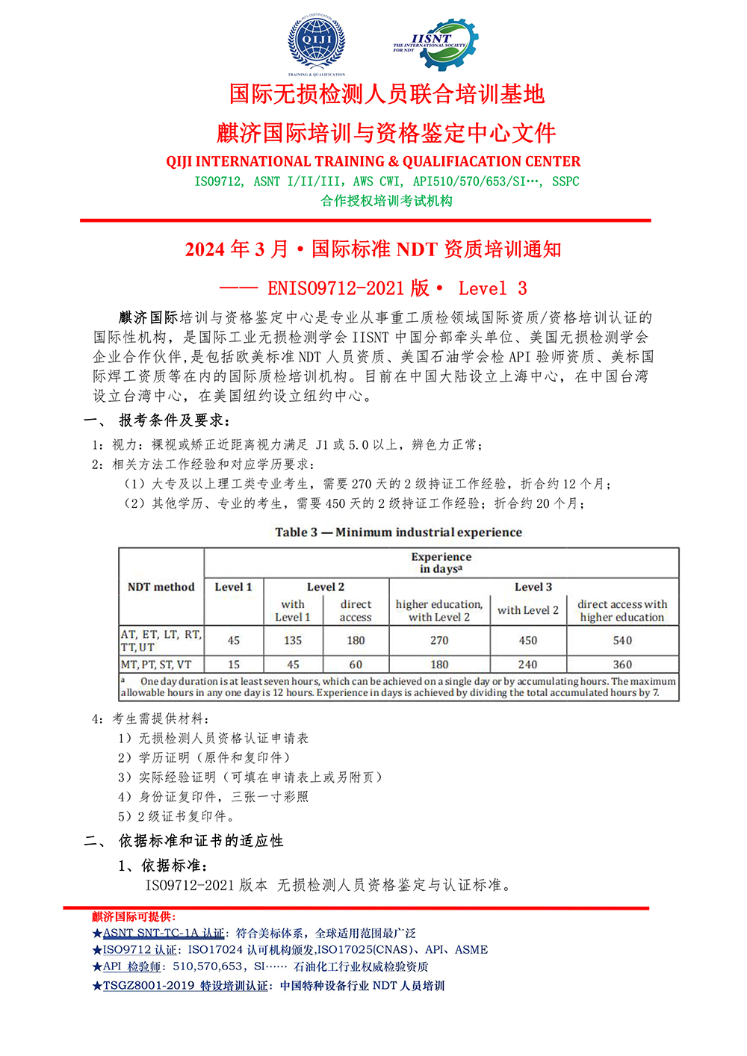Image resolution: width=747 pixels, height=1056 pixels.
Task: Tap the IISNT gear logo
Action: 436,44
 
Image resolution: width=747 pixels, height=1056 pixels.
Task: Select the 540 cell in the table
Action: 622,640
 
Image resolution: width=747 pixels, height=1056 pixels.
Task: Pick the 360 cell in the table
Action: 622,664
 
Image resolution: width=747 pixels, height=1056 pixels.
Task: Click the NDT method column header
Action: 161,587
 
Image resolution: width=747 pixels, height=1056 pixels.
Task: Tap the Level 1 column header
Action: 233,587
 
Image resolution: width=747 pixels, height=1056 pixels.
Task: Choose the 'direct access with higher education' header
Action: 622,610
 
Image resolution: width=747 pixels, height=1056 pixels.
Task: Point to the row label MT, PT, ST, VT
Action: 156,664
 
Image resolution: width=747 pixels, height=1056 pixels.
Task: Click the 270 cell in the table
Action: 439,640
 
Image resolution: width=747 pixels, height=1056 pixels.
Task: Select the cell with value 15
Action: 234,664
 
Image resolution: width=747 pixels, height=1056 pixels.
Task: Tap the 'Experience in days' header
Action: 441,562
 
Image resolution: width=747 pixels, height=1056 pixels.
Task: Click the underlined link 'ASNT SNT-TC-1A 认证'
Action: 163,933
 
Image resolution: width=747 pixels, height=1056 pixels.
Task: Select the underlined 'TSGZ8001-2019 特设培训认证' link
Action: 185,986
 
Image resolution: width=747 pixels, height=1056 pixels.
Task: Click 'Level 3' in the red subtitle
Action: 492,288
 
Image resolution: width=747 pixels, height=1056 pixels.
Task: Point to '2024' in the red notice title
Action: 205,249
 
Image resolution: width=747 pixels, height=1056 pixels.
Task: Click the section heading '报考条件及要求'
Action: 175,420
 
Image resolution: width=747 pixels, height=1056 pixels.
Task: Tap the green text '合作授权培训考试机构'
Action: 386,200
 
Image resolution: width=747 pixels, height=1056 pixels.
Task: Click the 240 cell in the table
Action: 527,664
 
